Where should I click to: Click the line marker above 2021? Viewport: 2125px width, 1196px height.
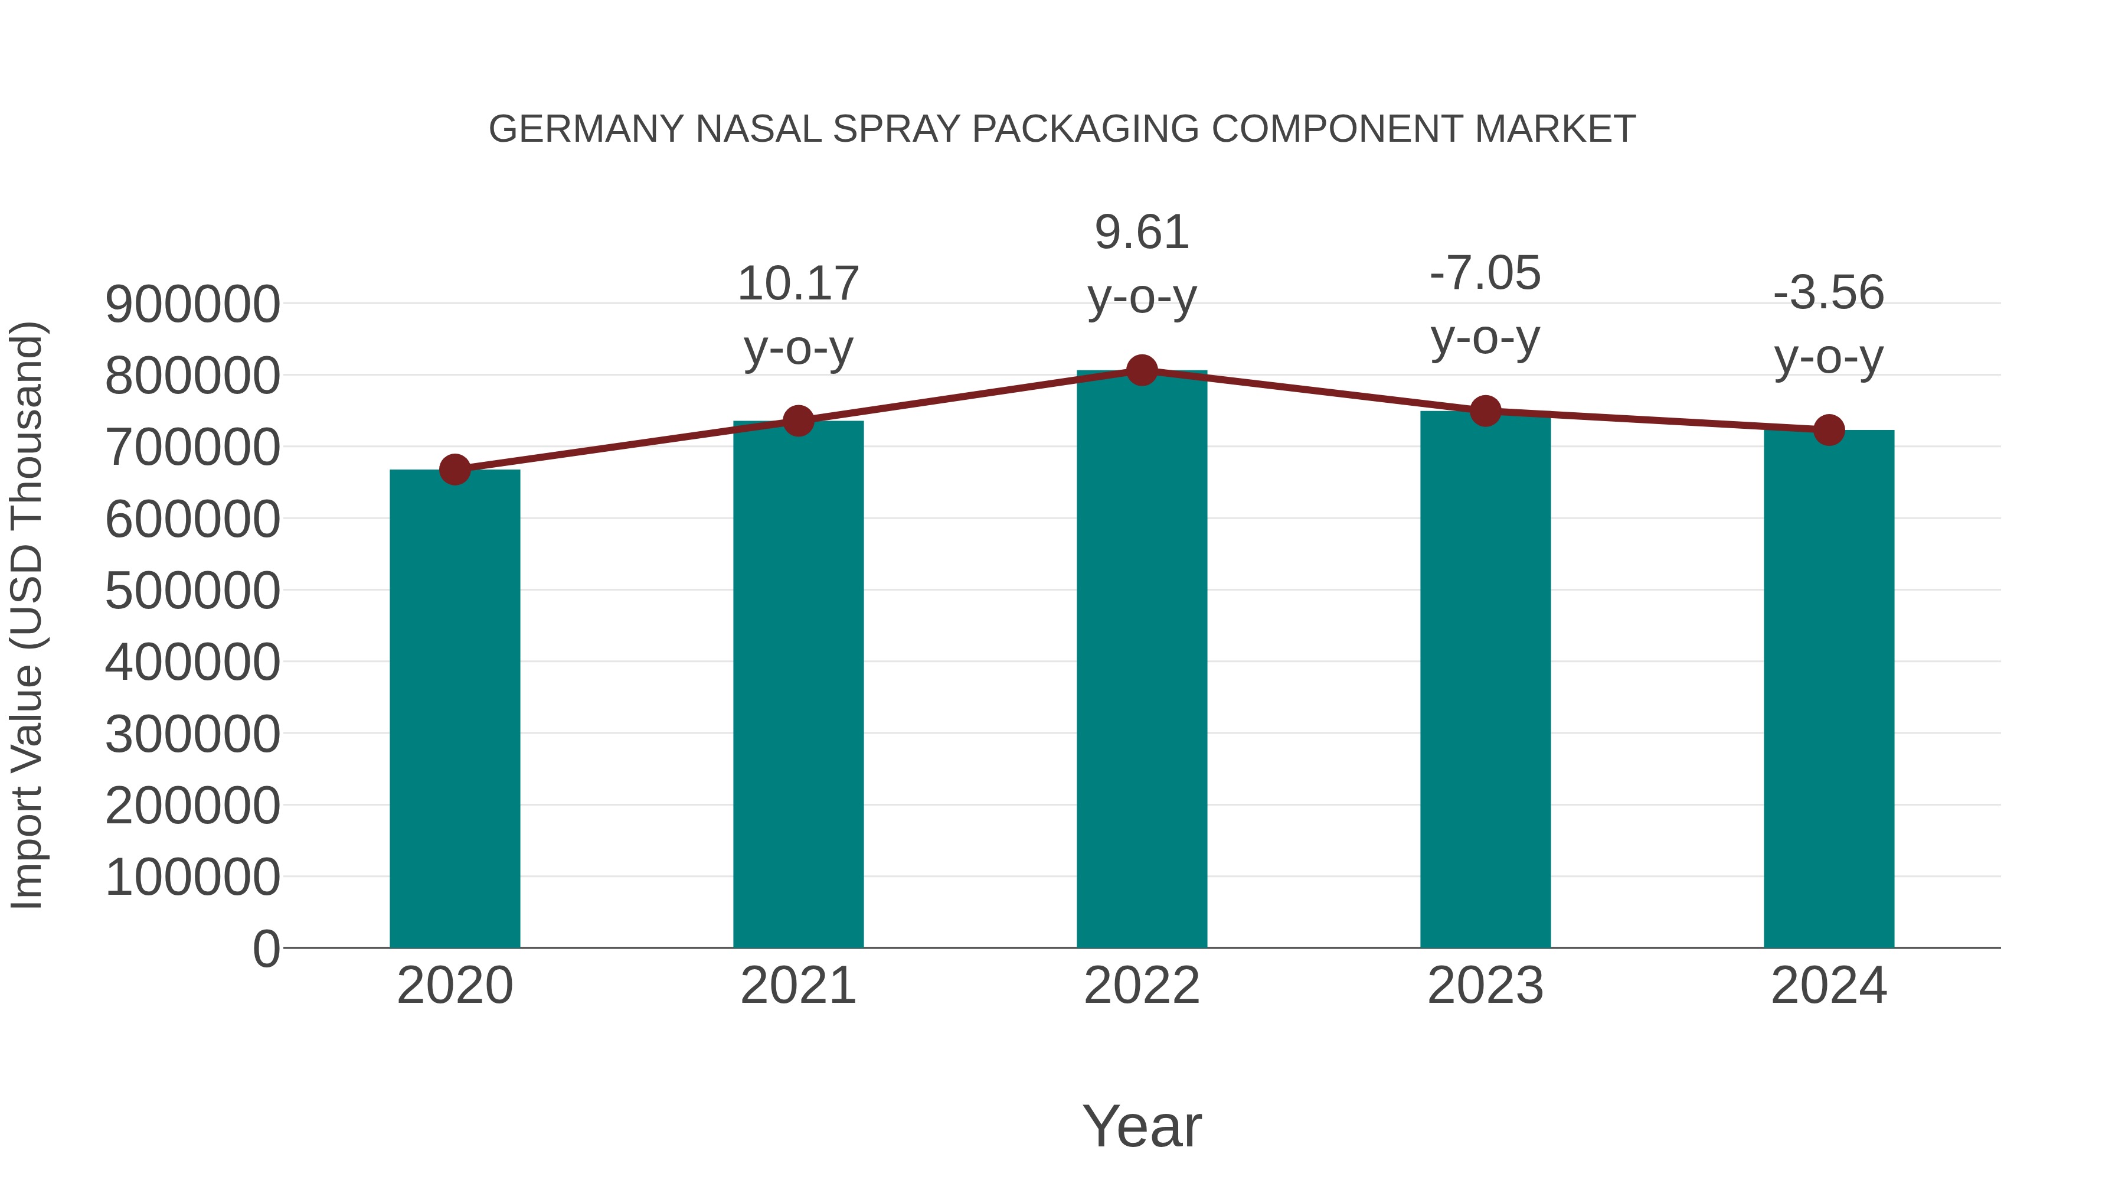point(799,421)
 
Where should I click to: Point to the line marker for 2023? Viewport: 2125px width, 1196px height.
point(1485,410)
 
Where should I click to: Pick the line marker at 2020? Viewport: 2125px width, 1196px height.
point(455,470)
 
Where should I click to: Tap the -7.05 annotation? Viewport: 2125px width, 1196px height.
point(1485,273)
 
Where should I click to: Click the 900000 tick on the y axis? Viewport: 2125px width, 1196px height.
point(192,305)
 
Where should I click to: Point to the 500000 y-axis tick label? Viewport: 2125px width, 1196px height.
point(192,591)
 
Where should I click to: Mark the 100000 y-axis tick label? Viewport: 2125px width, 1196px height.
point(192,878)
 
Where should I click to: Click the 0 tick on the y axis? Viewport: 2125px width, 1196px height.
point(266,949)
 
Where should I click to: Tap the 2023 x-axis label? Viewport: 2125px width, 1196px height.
point(1485,986)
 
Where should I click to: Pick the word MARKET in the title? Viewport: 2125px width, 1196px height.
point(1554,129)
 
